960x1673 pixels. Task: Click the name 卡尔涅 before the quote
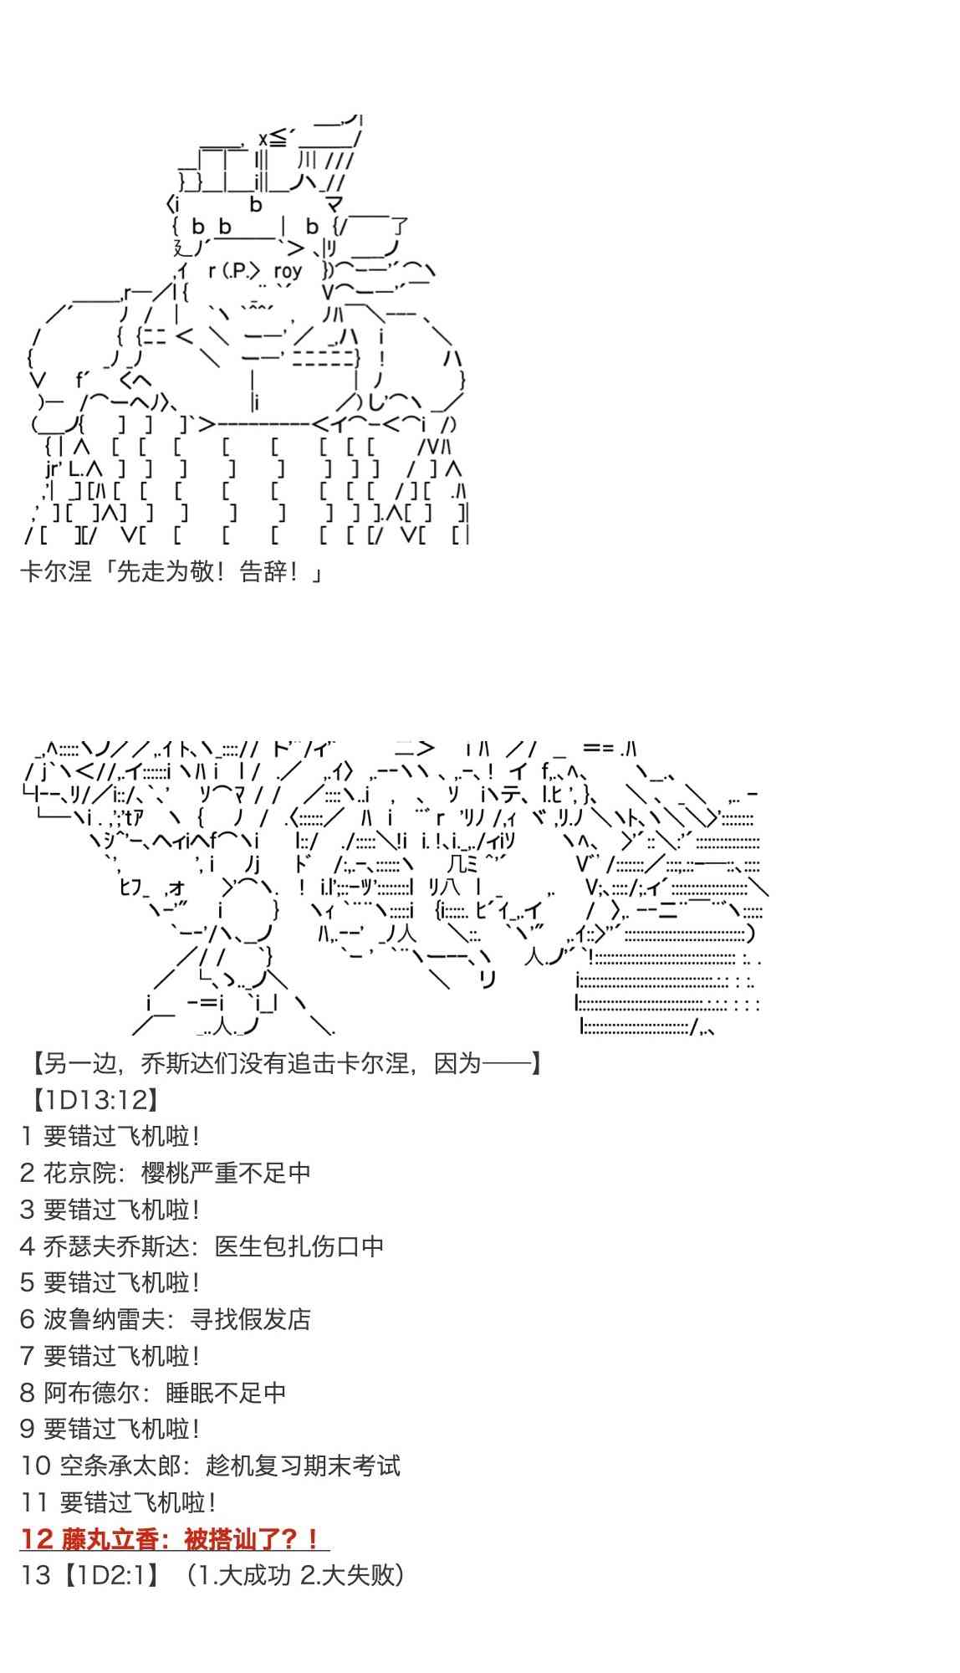pos(55,573)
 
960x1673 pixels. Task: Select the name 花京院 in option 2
pos(79,1173)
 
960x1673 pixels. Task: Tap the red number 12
pos(38,1539)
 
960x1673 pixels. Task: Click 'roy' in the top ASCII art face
pos(287,271)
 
